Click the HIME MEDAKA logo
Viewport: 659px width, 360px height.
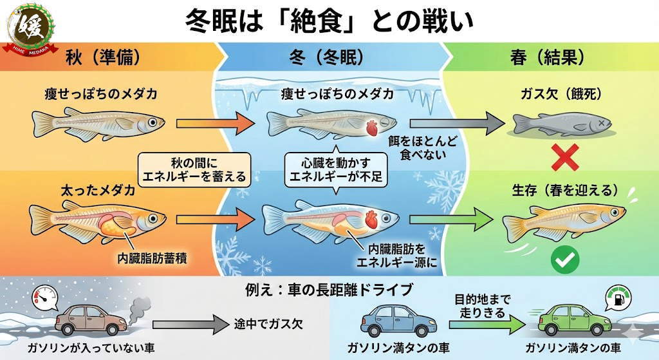[x=30, y=27]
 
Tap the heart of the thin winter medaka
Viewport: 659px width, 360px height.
[x=371, y=126]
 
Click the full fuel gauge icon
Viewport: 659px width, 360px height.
[x=615, y=297]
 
